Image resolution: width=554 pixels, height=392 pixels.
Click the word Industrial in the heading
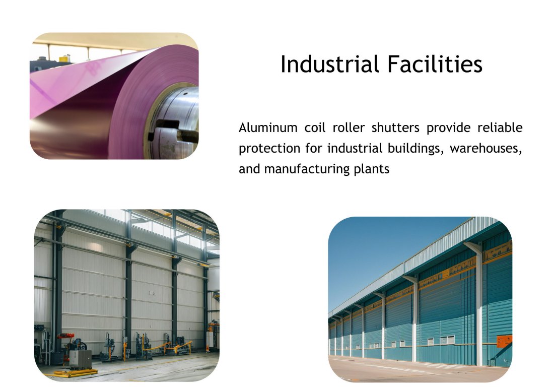coord(330,64)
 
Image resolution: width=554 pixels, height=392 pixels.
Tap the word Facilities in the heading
coord(435,64)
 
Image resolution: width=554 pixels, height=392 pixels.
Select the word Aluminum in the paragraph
coord(268,127)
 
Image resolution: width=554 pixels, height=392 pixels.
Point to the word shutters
coord(395,127)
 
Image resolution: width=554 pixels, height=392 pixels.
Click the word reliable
coord(500,127)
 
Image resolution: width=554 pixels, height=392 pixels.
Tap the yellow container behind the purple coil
coord(64,58)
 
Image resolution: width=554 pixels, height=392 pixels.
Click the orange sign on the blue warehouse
coord(504,342)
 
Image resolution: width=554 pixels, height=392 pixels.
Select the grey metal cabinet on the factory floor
coord(80,360)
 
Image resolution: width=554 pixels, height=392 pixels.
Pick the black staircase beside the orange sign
coord(502,355)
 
